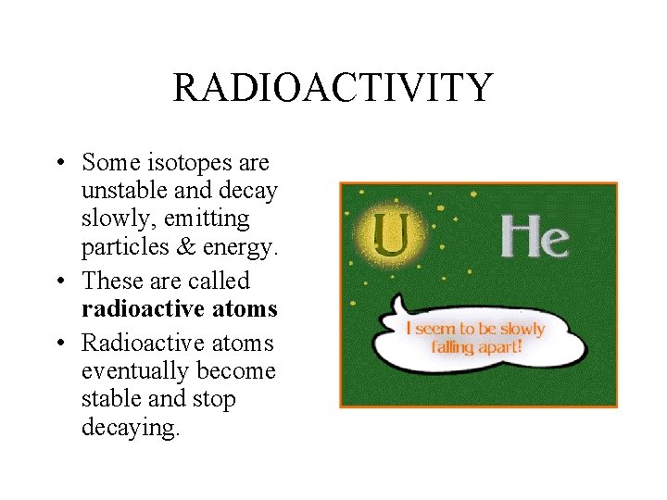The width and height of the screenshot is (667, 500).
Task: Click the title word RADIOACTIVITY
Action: [332, 88]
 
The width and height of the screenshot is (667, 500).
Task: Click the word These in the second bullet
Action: [112, 281]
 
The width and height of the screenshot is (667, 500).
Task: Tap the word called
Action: [218, 281]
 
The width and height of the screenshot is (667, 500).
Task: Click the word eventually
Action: [130, 371]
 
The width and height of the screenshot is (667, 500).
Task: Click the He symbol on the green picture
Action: [535, 237]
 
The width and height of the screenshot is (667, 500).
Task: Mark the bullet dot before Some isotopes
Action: [59, 164]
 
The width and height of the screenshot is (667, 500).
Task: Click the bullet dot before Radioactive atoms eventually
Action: [59, 344]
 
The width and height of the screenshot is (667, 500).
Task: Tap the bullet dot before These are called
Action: [59, 281]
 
